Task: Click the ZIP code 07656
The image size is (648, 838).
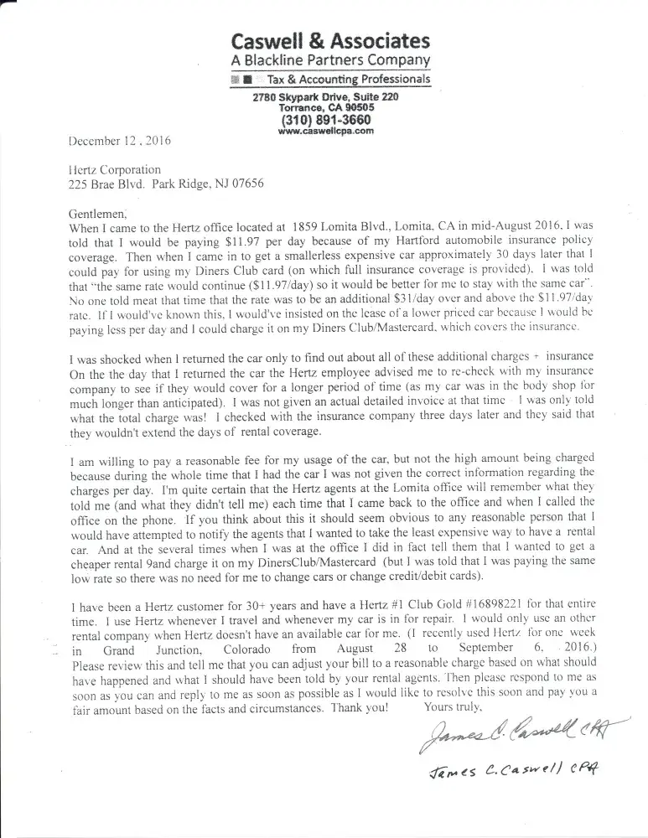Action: click(245, 184)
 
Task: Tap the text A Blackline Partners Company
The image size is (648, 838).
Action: click(330, 60)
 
